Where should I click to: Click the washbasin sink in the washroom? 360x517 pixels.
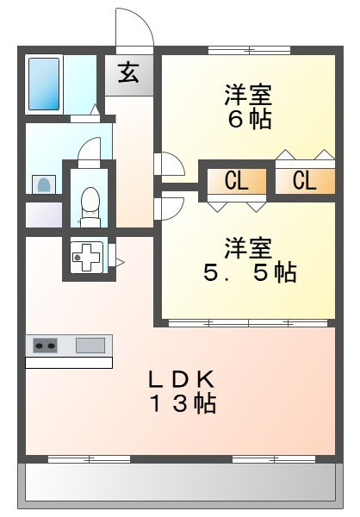tap(42, 183)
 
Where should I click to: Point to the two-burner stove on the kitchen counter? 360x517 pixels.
tap(45, 346)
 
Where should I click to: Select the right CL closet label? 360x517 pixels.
tap(303, 181)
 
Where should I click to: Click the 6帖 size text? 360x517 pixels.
tap(250, 119)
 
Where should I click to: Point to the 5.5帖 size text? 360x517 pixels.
tap(250, 273)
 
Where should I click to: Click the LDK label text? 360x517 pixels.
tap(181, 378)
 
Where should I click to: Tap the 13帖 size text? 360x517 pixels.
tap(181, 402)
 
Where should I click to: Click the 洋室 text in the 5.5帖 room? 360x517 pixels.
tap(250, 248)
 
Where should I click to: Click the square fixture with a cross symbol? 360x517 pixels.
tap(85, 257)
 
